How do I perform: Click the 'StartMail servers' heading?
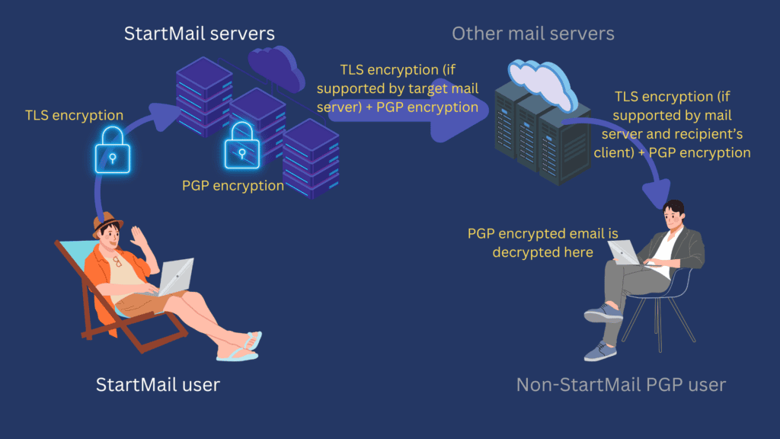click(x=200, y=34)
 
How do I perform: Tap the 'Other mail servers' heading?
click(x=533, y=34)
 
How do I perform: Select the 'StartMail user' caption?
click(x=158, y=384)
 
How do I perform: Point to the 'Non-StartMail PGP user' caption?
click(x=621, y=384)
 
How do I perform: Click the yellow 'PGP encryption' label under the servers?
click(x=233, y=185)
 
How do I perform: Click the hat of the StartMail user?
click(x=107, y=221)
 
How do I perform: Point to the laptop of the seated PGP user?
click(x=625, y=252)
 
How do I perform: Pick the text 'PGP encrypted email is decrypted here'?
click(x=542, y=242)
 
